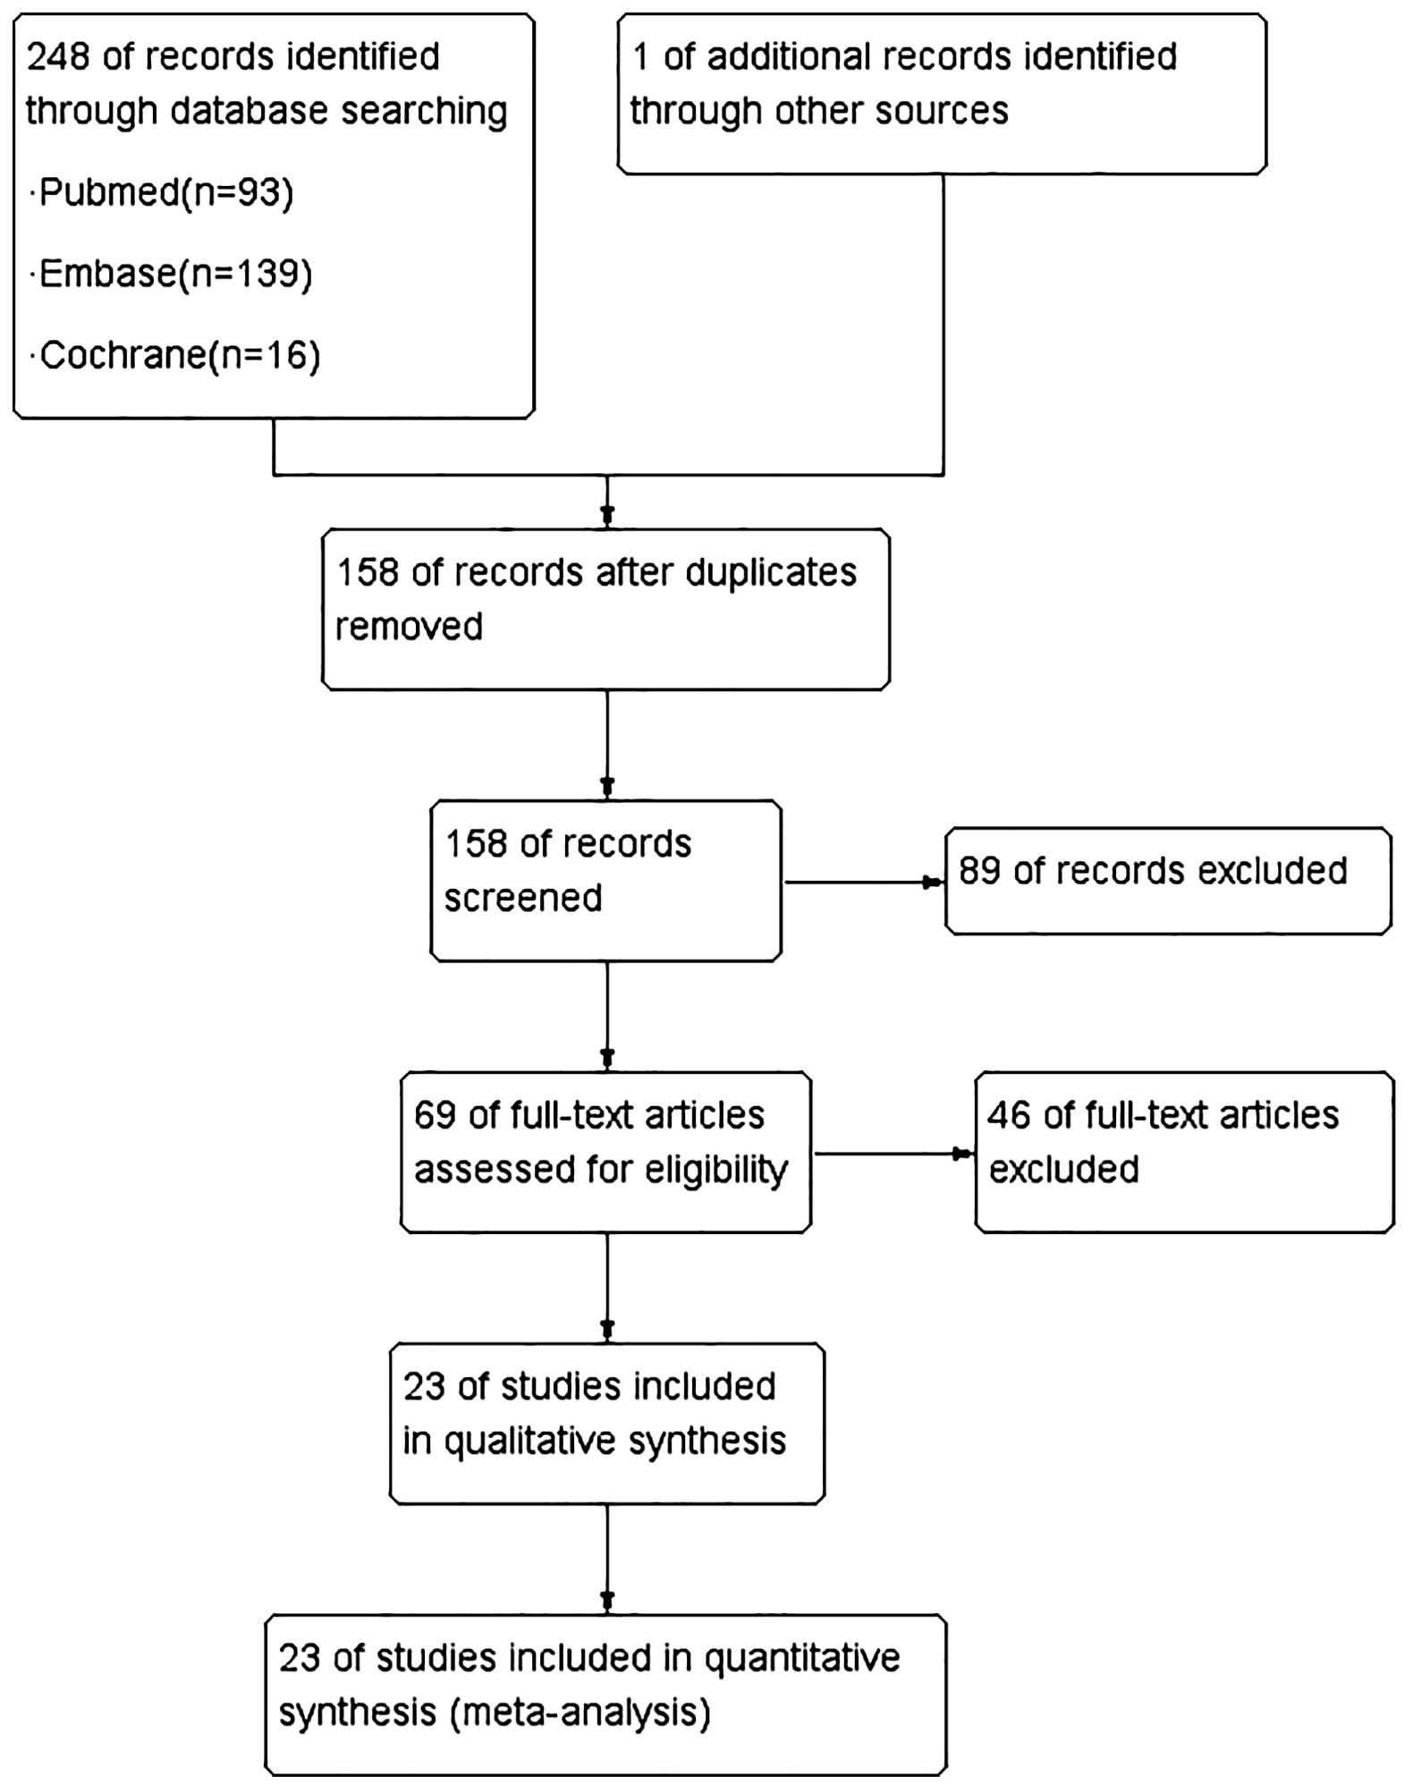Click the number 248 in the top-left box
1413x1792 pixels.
[58, 57]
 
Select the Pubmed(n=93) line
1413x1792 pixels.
[162, 192]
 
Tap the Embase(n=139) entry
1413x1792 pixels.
[172, 274]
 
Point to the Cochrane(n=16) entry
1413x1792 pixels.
[175, 356]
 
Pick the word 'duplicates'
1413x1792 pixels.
[771, 573]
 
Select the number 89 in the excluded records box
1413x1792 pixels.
[979, 871]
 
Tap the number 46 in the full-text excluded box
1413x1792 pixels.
[1009, 1116]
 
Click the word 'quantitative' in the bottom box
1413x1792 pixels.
[802, 1660]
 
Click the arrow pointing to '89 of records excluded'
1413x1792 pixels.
[865, 883]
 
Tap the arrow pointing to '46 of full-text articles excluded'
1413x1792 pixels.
[894, 1154]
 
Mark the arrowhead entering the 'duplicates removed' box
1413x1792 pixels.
[607, 516]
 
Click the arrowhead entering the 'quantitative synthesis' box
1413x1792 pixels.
[607, 1601]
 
